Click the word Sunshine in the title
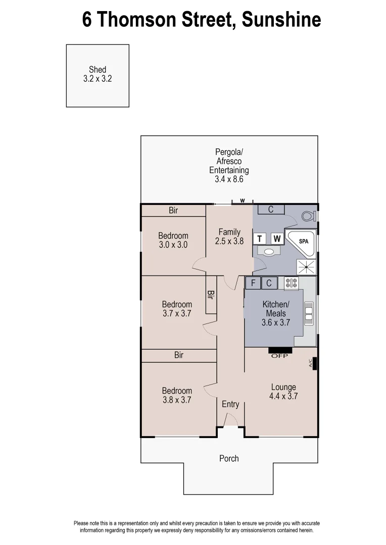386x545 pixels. click(281, 20)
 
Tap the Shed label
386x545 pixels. click(98, 70)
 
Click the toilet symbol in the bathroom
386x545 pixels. click(308, 216)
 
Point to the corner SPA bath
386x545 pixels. click(301, 242)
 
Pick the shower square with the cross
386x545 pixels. click(306, 266)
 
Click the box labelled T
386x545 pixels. click(260, 239)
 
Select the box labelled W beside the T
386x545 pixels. click(276, 239)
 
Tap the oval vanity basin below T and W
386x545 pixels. click(269, 251)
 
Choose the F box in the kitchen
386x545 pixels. click(253, 283)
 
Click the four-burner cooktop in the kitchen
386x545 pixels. click(291, 283)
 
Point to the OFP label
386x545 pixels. click(279, 356)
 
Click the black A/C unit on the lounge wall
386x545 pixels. click(314, 363)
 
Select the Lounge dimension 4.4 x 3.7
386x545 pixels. click(283, 397)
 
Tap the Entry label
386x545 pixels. click(230, 404)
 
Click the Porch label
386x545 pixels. click(229, 458)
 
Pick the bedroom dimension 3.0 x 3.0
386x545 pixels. click(173, 245)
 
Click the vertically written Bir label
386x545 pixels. click(210, 295)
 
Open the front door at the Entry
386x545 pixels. click(230, 420)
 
